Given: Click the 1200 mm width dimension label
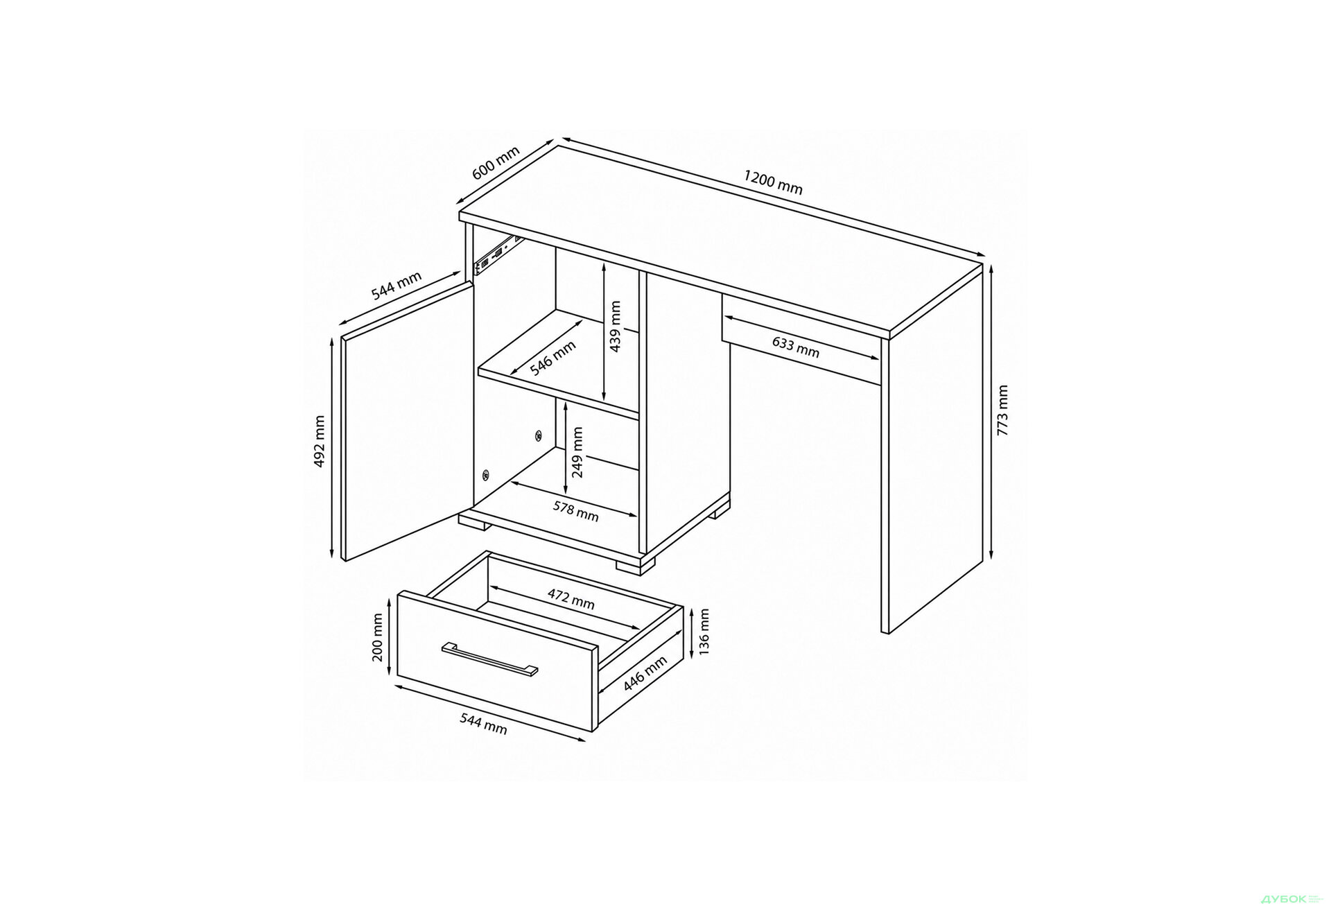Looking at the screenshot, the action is pyautogui.click(x=773, y=182).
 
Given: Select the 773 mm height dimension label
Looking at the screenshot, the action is pyautogui.click(x=1002, y=410).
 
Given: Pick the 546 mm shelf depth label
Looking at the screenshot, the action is pyautogui.click(x=553, y=358).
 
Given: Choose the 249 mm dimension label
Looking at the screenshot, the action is pyautogui.click(x=577, y=453).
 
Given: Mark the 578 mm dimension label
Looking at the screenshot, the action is pyautogui.click(x=575, y=511).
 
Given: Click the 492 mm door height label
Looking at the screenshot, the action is pyautogui.click(x=320, y=441).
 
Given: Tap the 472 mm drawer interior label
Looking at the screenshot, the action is pyautogui.click(x=571, y=598).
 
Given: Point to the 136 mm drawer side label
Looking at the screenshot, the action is pyautogui.click(x=704, y=633).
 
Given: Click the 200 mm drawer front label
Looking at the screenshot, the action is pyautogui.click(x=378, y=638).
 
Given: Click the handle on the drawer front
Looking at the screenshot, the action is pyautogui.click(x=489, y=657).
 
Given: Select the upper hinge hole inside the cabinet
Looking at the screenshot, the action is pyautogui.click(x=538, y=435).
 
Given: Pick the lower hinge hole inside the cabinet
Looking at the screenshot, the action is pyautogui.click(x=485, y=475).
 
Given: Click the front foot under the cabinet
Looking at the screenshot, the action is pyautogui.click(x=635, y=564).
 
